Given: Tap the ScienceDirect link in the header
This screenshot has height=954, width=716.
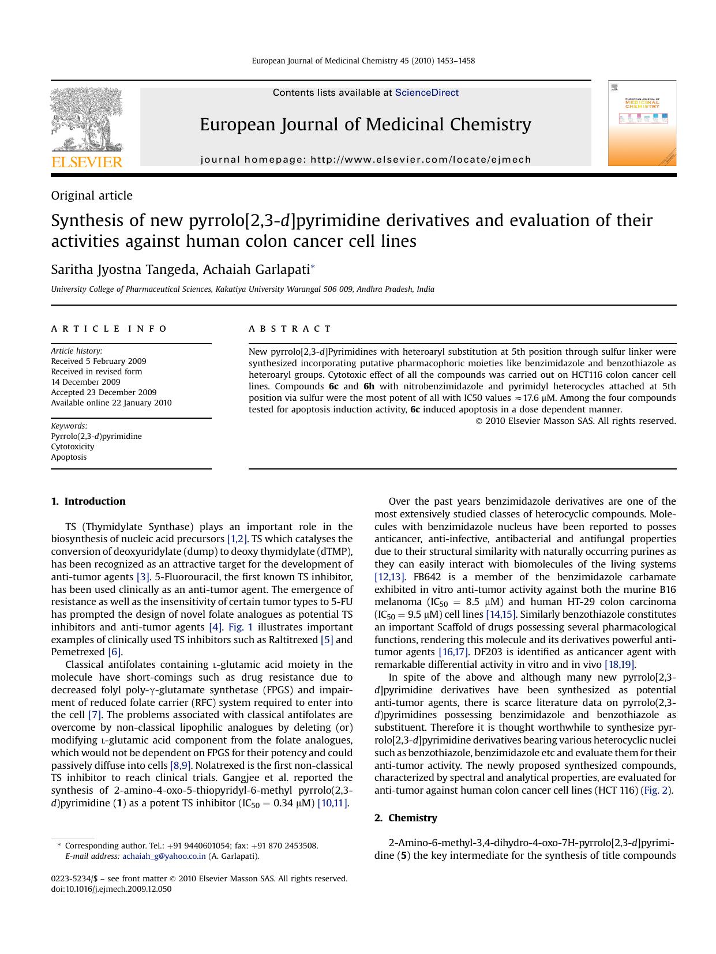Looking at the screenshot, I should pos(426,93).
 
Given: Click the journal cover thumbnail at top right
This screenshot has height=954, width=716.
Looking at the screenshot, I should pos(642,123).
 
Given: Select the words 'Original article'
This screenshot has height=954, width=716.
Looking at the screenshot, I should pos(92,196).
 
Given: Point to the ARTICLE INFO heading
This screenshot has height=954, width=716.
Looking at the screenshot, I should pos(109,329).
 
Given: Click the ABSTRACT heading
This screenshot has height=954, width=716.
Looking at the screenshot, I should pos(290,329).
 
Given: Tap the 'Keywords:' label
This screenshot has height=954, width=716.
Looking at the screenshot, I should pos(69,426).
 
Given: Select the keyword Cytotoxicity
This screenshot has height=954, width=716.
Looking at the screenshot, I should pos(73,446).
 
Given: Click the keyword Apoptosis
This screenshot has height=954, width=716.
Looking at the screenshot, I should pos(69,457).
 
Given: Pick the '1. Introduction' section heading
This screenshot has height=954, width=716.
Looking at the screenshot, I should pos(88,501).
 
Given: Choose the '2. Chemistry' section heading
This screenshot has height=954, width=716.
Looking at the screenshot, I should pos(406,818).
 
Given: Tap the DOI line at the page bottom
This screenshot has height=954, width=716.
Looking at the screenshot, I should pos(111,889).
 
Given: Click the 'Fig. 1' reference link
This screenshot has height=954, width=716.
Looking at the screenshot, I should pos(241,627).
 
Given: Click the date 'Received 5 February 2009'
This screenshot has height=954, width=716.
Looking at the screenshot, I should pos(99,361).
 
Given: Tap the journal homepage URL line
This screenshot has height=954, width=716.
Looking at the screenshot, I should pos(365,160).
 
